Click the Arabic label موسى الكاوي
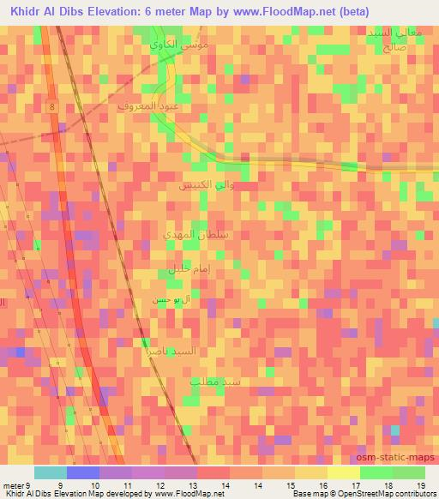[176, 42]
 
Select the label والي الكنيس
[201, 185]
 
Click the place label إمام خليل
[177, 273]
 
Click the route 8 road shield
[52, 105]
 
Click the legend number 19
[420, 485]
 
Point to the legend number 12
[159, 485]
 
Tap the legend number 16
[322, 485]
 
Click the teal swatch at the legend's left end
[50, 472]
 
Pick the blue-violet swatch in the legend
[82, 472]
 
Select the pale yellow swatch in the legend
[343, 472]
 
